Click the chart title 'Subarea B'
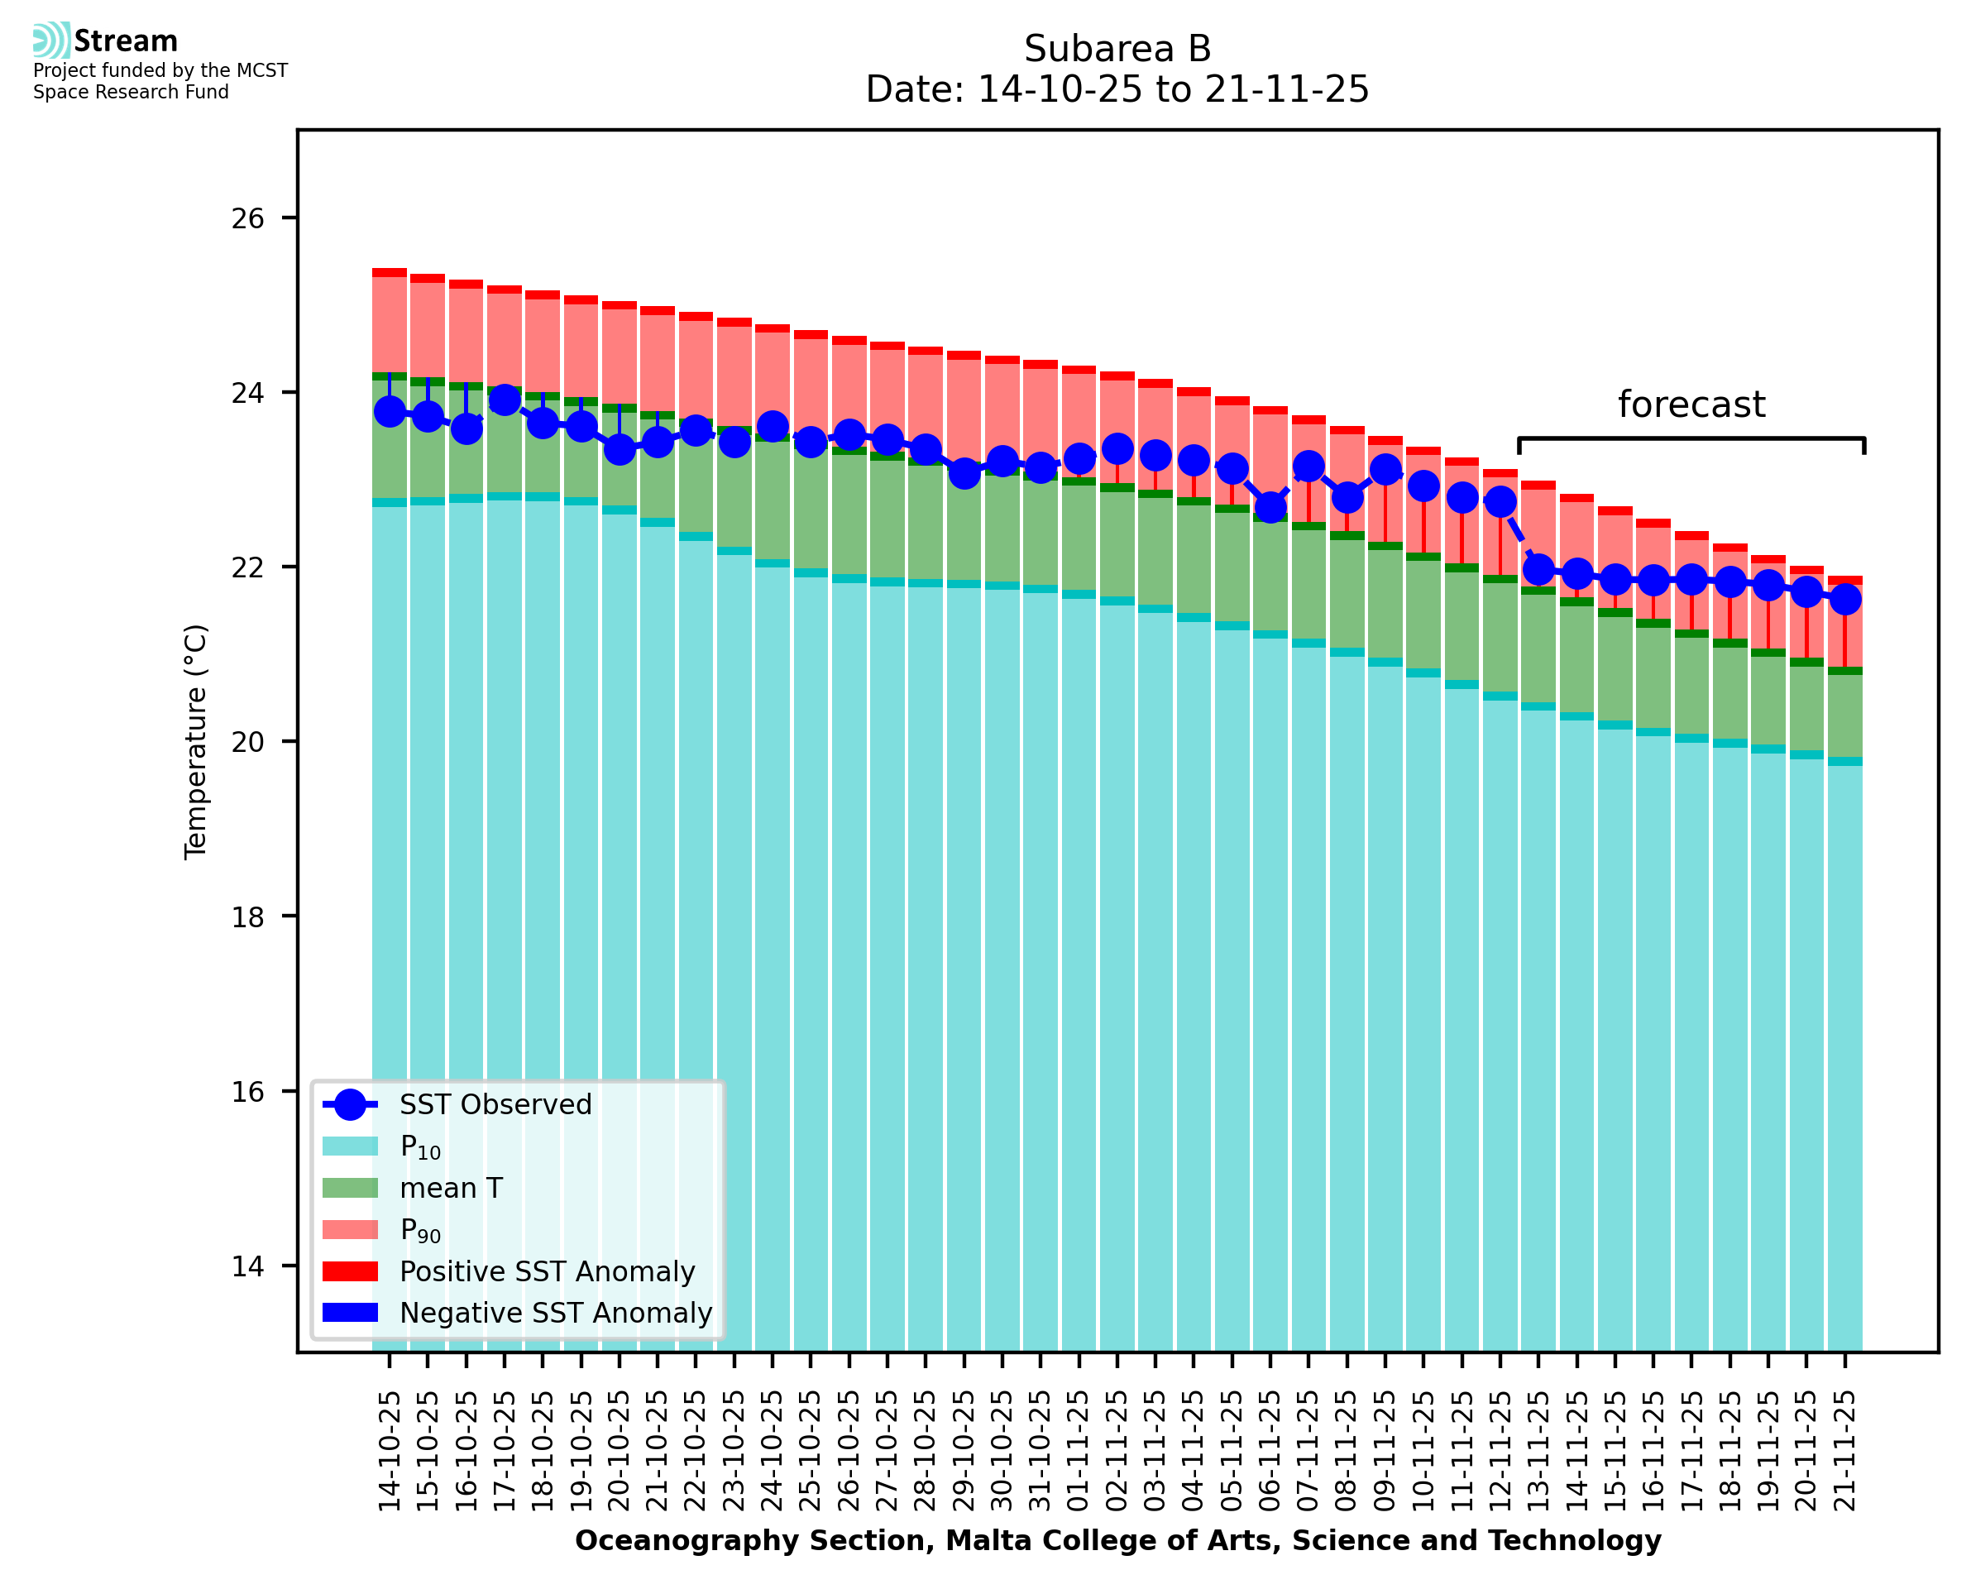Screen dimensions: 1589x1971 pyautogui.click(x=1117, y=49)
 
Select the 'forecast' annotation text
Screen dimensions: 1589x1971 pyautogui.click(x=1690, y=404)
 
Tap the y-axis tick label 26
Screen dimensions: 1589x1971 pyautogui.click(x=247, y=218)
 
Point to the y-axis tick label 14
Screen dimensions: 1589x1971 pyautogui.click(x=247, y=1266)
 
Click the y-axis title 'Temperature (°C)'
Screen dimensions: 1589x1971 pyautogui.click(x=196, y=741)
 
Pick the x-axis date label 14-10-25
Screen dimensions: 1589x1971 pyautogui.click(x=390, y=1451)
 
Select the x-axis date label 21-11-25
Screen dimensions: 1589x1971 pyautogui.click(x=1844, y=1451)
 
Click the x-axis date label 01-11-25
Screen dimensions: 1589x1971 pyautogui.click(x=1079, y=1451)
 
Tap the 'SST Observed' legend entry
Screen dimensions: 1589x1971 pyautogui.click(x=495, y=1105)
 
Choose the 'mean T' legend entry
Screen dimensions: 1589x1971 pyautogui.click(x=451, y=1188)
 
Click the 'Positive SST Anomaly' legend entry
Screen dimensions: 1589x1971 pyautogui.click(x=548, y=1271)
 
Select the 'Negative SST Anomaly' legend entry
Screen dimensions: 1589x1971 pyautogui.click(x=556, y=1313)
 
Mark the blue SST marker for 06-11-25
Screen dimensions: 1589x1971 pyautogui.click(x=1270, y=506)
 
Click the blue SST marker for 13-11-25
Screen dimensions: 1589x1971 pyautogui.click(x=1538, y=569)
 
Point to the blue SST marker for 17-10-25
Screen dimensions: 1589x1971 pyautogui.click(x=505, y=400)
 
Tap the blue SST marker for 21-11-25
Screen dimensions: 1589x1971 pyautogui.click(x=1844, y=600)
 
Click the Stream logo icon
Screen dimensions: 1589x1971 pyautogui.click(x=51, y=41)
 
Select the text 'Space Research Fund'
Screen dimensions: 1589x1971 pyautogui.click(x=131, y=93)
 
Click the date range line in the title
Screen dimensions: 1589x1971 pyautogui.click(x=1117, y=89)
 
